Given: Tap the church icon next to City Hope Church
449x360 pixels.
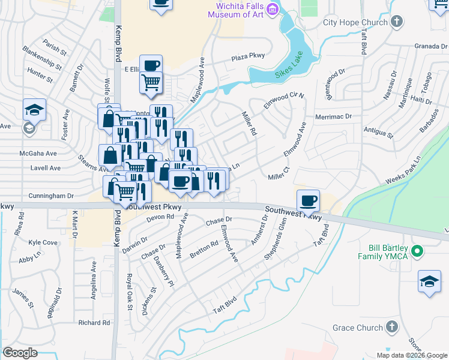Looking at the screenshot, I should [x=395, y=22].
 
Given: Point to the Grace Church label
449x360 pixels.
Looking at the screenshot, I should [x=358, y=328].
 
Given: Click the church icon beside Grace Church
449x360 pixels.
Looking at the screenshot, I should [x=391, y=327].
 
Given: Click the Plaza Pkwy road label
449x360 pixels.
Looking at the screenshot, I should [x=249, y=59].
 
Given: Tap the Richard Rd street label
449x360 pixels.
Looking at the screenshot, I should [x=94, y=323].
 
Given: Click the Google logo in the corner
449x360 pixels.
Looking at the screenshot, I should [x=20, y=353].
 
